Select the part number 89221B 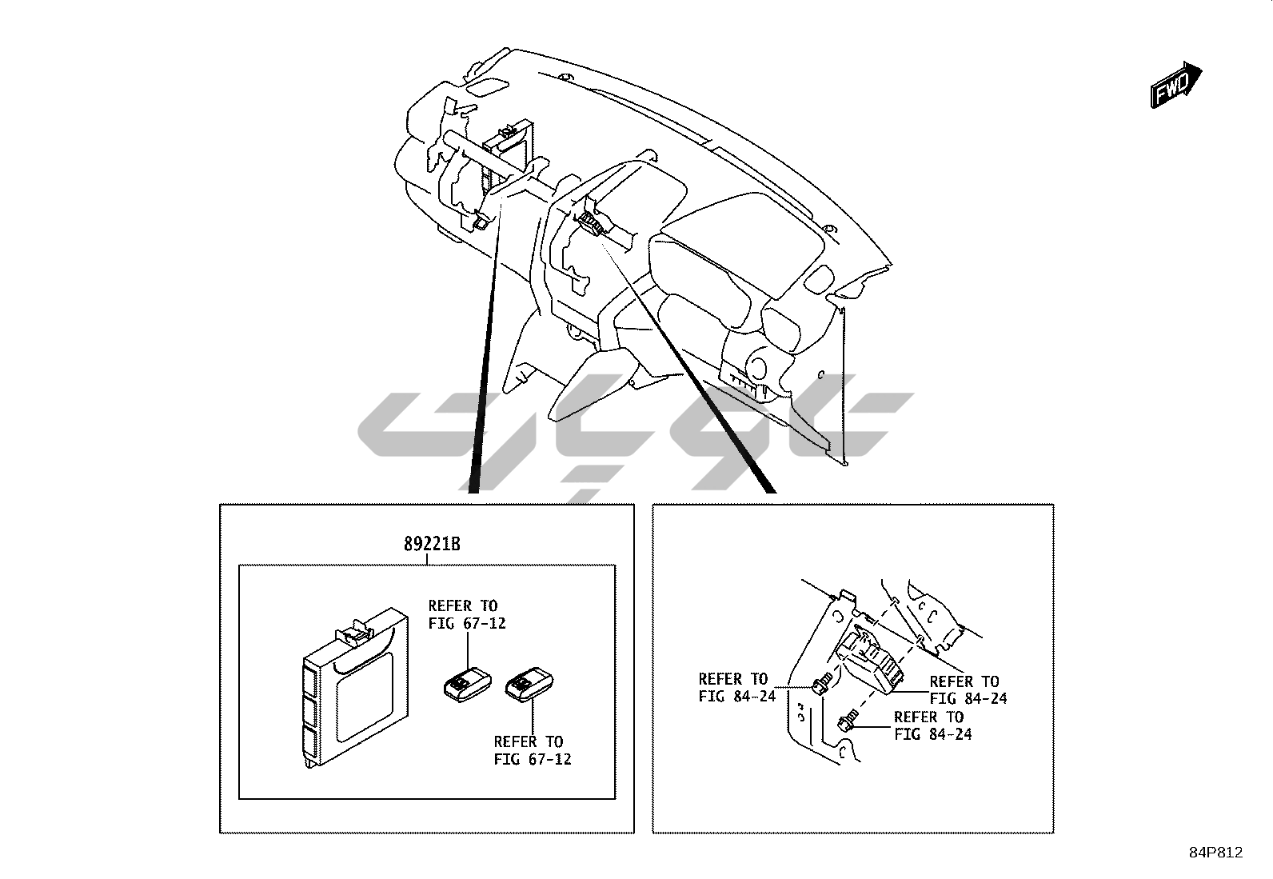[x=432, y=545]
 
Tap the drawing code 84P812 [x=1215, y=853]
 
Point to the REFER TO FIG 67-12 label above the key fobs [x=466, y=614]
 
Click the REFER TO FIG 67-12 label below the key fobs [x=532, y=750]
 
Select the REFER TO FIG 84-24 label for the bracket [x=736, y=688]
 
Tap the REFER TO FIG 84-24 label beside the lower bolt [x=932, y=725]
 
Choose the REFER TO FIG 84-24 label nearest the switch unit [x=968, y=689]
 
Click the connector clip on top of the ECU [x=355, y=632]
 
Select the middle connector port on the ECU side [x=310, y=709]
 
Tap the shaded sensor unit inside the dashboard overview [x=593, y=224]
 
